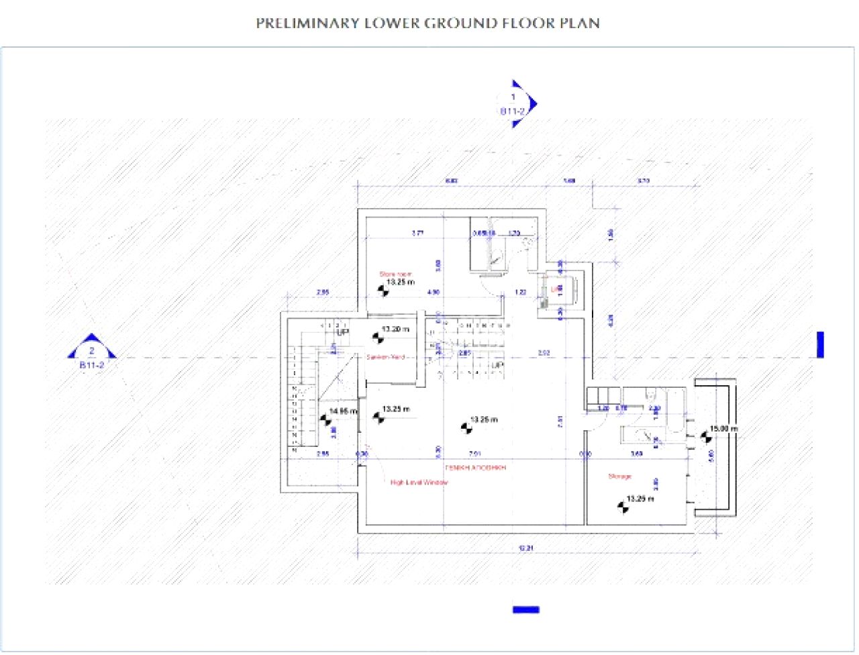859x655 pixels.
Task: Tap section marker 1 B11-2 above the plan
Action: (x=515, y=104)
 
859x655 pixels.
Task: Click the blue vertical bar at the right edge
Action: (x=819, y=344)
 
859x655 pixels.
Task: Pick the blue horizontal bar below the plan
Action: (x=525, y=609)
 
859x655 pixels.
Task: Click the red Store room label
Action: (x=395, y=274)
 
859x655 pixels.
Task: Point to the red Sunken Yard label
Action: (x=385, y=356)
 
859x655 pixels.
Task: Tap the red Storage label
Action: (x=619, y=476)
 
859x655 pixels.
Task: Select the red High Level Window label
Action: (x=419, y=482)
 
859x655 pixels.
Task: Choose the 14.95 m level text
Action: (x=343, y=411)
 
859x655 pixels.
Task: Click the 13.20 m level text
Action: (x=395, y=329)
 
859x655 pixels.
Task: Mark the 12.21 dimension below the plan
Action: (x=525, y=548)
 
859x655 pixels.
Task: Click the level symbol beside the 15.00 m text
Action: (x=705, y=436)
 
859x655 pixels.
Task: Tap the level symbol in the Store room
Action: (x=383, y=291)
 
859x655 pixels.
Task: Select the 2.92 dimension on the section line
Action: (x=544, y=352)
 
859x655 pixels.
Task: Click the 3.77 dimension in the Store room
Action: (x=417, y=234)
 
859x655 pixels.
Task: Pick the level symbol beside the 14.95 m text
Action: (x=325, y=420)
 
